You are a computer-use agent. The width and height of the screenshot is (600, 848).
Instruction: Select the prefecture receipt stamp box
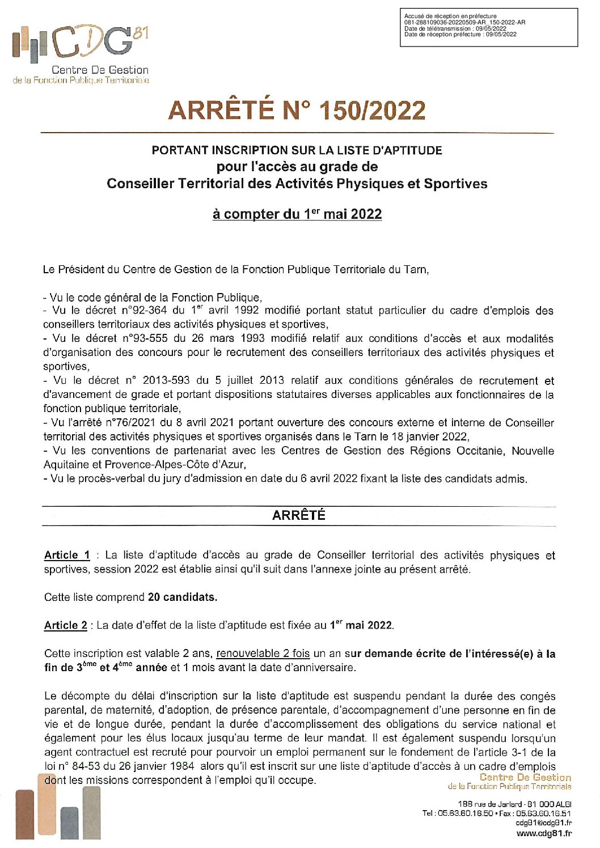pos(488,27)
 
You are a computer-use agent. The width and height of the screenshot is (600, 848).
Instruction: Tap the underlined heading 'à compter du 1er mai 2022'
pos(297,214)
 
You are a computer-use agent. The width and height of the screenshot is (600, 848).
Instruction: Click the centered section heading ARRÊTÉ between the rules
pos(298,515)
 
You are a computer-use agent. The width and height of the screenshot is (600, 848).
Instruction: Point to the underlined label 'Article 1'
pos(67,556)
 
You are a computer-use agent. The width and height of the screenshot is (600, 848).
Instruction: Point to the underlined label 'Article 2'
pos(66,626)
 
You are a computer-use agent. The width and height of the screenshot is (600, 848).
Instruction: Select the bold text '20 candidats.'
pos(183,597)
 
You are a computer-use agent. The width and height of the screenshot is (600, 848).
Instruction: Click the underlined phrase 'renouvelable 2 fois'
pos(263,654)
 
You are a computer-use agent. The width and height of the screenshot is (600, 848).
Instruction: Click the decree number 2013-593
pos(166,380)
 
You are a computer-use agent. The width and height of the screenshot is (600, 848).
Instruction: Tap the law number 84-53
pos(85,766)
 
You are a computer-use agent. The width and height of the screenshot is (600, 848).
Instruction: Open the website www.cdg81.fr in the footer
pos(544,833)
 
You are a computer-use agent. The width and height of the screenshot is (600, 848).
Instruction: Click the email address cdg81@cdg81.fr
pos(543,823)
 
